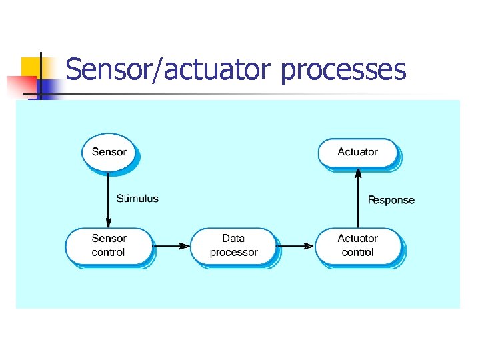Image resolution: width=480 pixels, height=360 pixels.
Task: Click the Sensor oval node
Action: tap(109, 152)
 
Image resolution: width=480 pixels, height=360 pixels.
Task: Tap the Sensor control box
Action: tap(109, 245)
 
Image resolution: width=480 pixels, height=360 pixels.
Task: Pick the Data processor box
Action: tap(233, 245)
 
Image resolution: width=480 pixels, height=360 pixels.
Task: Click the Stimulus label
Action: tap(137, 198)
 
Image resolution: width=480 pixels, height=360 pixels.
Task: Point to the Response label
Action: tap(391, 200)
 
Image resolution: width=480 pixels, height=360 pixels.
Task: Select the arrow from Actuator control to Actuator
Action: tap(358, 200)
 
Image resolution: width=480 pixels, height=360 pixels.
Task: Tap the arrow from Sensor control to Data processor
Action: tap(171, 246)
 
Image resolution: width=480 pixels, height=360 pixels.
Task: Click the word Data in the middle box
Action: tap(233, 238)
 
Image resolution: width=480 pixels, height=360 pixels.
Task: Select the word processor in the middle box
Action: tap(233, 253)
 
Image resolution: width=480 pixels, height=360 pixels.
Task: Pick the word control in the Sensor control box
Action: tap(109, 253)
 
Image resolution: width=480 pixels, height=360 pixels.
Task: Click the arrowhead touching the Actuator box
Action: tap(358, 173)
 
